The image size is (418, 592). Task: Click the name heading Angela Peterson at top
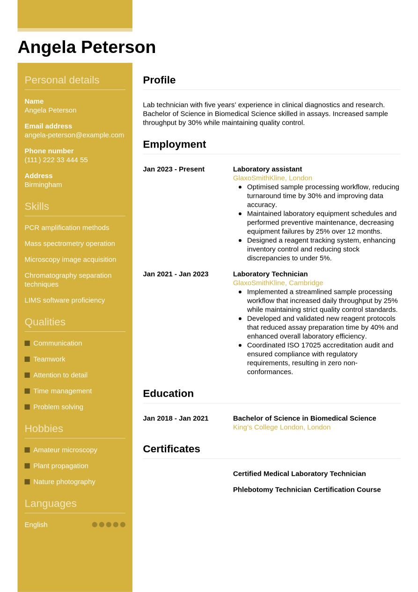tap(87, 47)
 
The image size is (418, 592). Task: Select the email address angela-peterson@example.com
tap(74, 135)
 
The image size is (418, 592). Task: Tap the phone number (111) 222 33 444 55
tap(56, 160)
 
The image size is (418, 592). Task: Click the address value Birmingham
tap(43, 185)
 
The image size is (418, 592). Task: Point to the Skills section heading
tap(37, 206)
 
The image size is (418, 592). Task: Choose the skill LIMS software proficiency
tap(65, 300)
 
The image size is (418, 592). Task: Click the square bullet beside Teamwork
tap(27, 359)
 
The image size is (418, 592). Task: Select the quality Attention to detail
tap(60, 375)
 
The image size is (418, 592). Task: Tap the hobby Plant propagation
tap(60, 466)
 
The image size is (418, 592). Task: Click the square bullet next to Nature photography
tap(27, 482)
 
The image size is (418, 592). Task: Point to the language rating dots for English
tap(109, 525)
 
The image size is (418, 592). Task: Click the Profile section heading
tap(159, 80)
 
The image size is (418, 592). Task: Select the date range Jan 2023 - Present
tap(174, 169)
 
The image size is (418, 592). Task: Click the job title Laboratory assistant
tap(267, 169)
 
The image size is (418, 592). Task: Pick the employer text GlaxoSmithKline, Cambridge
tap(278, 283)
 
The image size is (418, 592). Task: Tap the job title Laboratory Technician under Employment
tap(270, 274)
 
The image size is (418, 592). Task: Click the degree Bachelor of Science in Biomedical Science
tap(304, 418)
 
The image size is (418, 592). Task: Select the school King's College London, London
tap(281, 427)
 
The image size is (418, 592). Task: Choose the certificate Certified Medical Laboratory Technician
tap(299, 474)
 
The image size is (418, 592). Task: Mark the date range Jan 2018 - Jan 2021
tap(176, 418)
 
